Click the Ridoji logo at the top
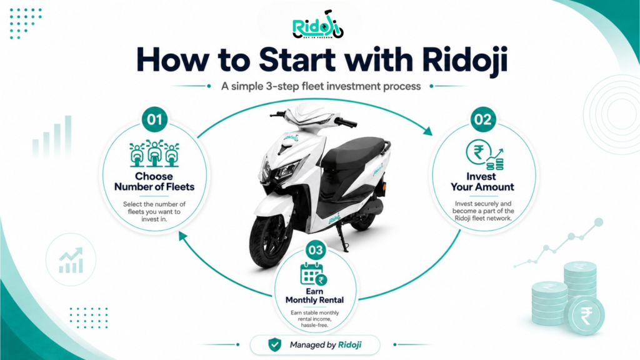pyautogui.click(x=318, y=25)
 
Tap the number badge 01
pyautogui.click(x=154, y=119)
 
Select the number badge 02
pyautogui.click(x=483, y=119)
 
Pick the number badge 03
pyautogui.click(x=316, y=250)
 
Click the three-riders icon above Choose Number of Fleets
pyautogui.click(x=154, y=154)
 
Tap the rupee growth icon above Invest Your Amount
pyautogui.click(x=484, y=154)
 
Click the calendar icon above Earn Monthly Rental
pyautogui.click(x=314, y=274)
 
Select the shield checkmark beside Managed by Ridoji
pyautogui.click(x=275, y=344)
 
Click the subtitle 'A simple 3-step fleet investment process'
pyautogui.click(x=321, y=86)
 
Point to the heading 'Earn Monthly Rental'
pyautogui.click(x=314, y=296)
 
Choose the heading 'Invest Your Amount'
pyautogui.click(x=482, y=182)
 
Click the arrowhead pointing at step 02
pyautogui.click(x=427, y=131)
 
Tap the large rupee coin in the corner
pyautogui.click(x=585, y=316)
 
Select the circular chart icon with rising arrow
pyautogui.click(x=71, y=260)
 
